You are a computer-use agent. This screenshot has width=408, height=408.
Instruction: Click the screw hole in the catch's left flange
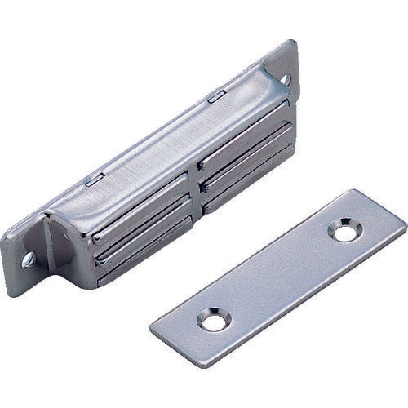[29, 260]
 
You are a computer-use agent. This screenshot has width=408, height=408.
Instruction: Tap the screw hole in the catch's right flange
[287, 79]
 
